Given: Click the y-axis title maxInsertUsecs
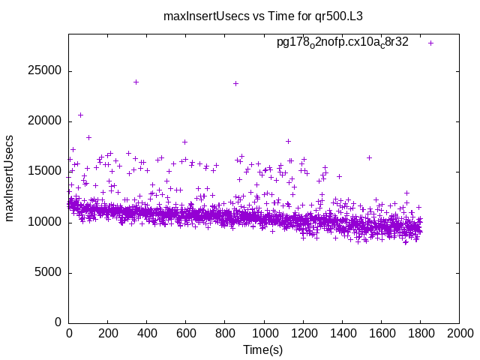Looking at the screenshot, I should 10,178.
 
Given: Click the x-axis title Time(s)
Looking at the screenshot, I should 263,349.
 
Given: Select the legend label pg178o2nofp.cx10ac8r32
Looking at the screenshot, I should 343,43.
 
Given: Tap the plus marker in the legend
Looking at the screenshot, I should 430,43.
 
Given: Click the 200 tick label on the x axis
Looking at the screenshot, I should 108,333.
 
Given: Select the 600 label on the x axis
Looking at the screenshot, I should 186,333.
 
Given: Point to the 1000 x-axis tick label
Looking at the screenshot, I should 264,333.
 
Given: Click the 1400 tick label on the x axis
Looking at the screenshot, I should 342,333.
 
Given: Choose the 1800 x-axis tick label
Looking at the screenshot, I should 420,333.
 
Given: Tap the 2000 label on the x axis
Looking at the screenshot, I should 459,333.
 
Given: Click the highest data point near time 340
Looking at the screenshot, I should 136,82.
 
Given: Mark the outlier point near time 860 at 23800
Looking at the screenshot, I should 236,83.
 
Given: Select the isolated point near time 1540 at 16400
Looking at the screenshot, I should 369,157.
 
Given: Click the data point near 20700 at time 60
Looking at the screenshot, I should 80,115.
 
